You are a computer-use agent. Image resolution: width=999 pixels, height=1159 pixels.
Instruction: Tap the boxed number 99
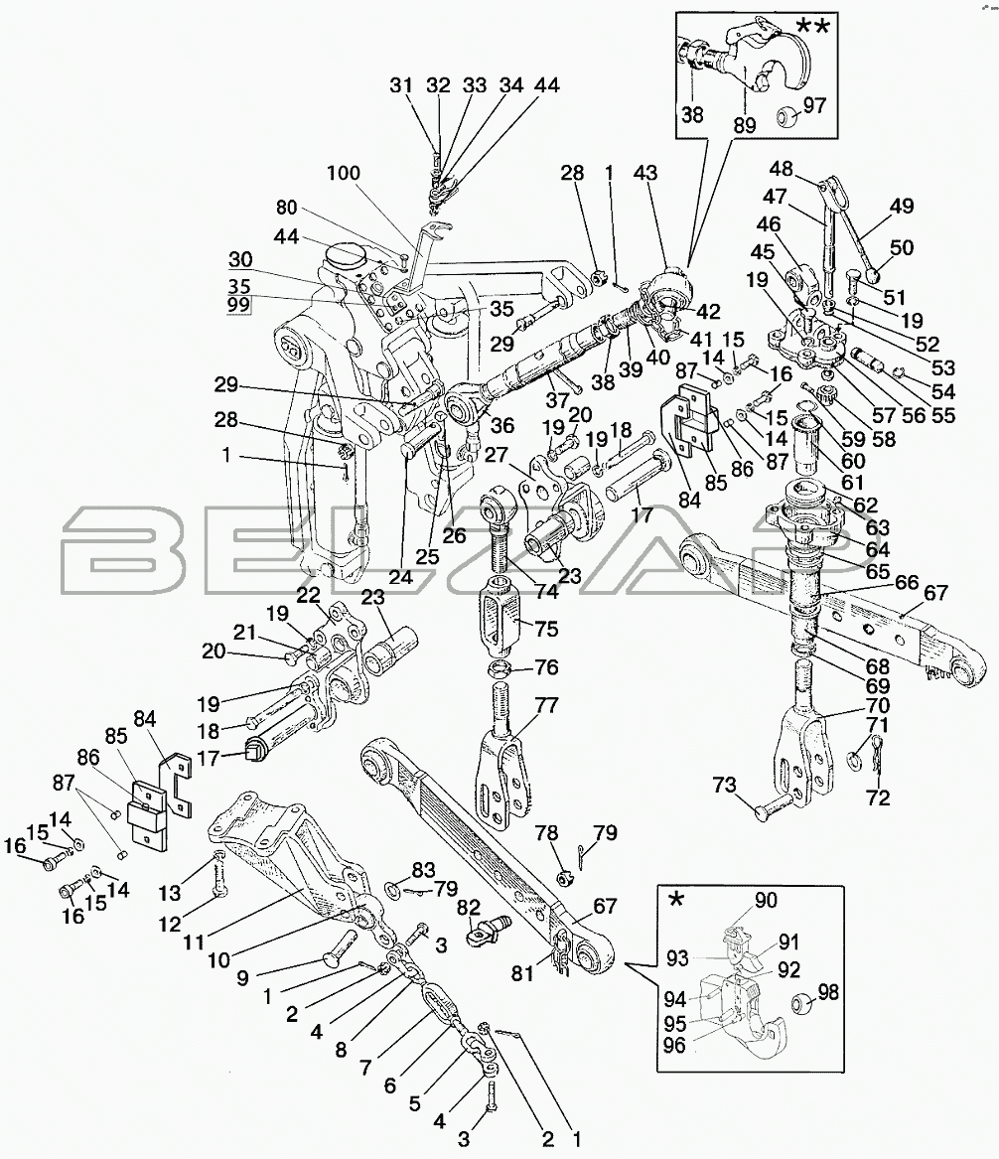(237, 304)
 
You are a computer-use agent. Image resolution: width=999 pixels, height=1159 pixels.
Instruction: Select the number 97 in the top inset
(814, 106)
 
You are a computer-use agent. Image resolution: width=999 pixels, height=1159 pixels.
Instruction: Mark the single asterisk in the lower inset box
(677, 901)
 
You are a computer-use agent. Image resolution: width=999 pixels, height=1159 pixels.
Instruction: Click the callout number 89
(744, 126)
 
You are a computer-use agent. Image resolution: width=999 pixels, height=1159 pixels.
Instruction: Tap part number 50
(903, 247)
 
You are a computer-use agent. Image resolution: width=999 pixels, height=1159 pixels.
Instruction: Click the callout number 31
(400, 86)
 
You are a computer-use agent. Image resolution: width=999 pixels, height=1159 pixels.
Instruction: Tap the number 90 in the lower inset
(766, 900)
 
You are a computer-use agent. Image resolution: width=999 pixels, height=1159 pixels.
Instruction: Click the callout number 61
(853, 482)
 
